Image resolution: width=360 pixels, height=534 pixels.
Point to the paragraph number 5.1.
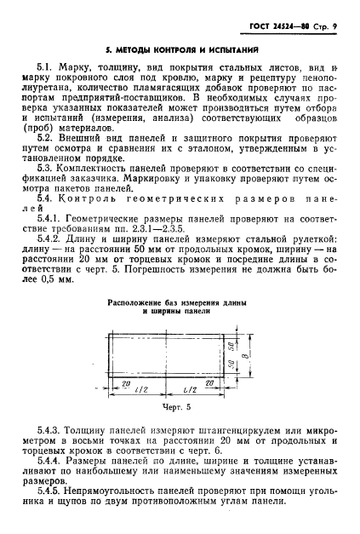point(49,65)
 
